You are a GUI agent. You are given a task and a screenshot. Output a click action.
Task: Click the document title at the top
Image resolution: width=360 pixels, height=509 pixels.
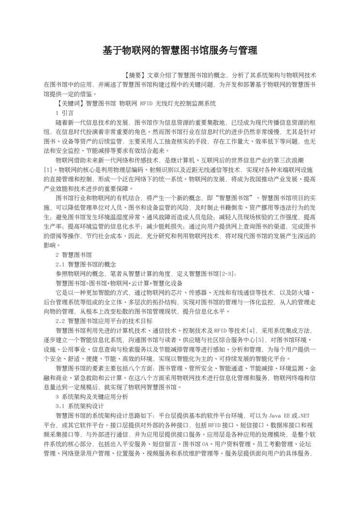(180, 51)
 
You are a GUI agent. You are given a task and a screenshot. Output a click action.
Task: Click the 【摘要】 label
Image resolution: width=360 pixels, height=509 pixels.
(133, 75)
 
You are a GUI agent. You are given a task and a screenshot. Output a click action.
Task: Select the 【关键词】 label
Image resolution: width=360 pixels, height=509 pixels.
(70, 104)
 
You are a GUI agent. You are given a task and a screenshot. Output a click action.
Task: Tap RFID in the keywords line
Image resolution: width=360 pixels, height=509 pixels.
(146, 104)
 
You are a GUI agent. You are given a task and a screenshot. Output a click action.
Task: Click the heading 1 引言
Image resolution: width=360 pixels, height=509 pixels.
(64, 113)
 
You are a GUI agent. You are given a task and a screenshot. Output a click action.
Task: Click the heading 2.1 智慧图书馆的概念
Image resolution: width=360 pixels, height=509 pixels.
(86, 264)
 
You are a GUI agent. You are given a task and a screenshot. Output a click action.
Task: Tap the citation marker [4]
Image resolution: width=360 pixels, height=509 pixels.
(251, 330)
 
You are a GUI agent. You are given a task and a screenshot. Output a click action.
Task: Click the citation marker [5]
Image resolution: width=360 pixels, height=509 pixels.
(260, 340)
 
